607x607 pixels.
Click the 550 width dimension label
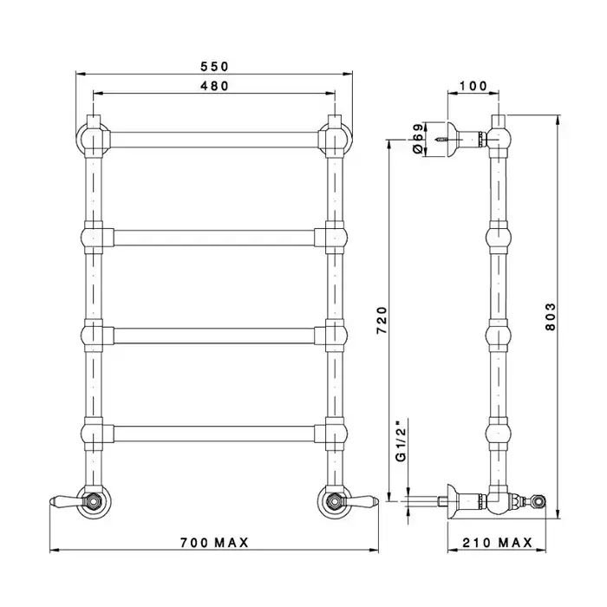click(x=214, y=67)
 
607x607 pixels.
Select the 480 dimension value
click(x=214, y=86)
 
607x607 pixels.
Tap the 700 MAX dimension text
click(x=214, y=543)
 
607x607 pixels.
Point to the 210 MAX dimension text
click(x=498, y=543)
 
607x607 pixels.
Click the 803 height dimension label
click(x=550, y=317)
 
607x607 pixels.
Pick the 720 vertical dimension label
click(x=382, y=320)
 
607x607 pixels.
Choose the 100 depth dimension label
click(x=473, y=86)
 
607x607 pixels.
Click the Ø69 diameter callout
click(x=418, y=139)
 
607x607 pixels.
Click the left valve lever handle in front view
click(x=67, y=500)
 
